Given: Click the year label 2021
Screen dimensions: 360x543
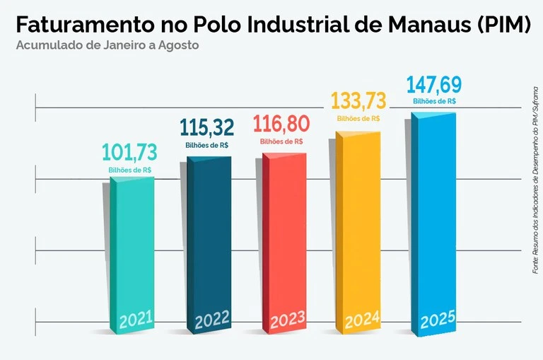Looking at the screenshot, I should [x=136, y=321].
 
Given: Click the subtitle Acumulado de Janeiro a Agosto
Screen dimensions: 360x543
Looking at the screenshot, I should [x=107, y=45].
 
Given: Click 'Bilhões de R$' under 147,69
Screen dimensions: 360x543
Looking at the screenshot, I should [x=433, y=101].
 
